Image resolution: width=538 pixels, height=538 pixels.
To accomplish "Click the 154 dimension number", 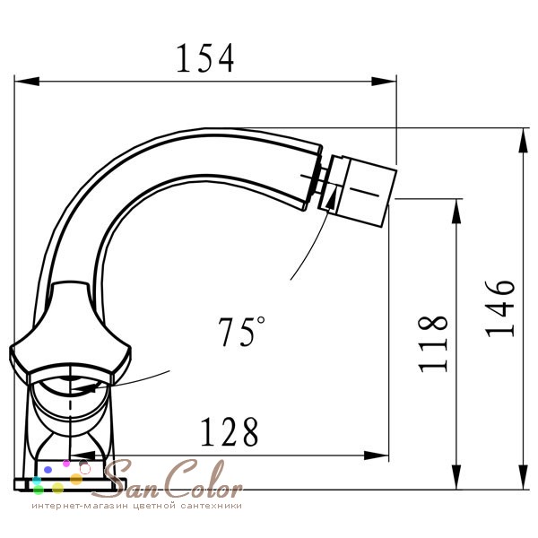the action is pos(205,58).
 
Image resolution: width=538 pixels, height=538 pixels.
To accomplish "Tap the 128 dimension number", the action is pos(229,431).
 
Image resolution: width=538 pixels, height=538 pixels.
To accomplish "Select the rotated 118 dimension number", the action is pos(433,343).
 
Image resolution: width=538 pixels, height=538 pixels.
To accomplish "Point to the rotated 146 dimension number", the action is pos(500,308).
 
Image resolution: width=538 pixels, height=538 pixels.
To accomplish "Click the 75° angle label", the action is pos(241,331).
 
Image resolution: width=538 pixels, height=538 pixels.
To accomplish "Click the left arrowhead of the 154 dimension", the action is pos(27,82).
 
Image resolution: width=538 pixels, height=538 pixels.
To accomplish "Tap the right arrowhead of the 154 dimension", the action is pos(384,82).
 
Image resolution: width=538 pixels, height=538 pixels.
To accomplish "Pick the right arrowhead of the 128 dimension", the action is pos(377,456).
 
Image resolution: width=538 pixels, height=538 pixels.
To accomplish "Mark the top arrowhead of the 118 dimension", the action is pos(456,212).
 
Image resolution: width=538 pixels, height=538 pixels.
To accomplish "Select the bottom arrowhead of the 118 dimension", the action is pos(456,477).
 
